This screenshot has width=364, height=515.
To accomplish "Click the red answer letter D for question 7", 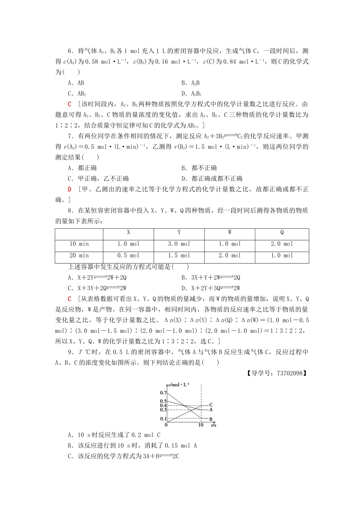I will [x=69, y=189].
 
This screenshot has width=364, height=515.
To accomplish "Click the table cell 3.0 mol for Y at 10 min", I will [x=179, y=244].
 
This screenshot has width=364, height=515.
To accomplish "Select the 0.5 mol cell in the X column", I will [x=128, y=256].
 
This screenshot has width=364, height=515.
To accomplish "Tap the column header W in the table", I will [x=230, y=232].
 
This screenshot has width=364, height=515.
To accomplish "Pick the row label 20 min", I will [x=79, y=256].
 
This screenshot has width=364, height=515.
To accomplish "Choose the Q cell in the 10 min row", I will [x=282, y=244].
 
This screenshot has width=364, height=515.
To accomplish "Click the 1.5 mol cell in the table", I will [x=179, y=256].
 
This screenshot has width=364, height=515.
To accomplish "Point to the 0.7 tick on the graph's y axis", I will [x=163, y=393].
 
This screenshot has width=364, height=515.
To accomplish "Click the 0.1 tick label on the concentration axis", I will [x=163, y=419].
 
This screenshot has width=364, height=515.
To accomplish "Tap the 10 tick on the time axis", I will [x=201, y=425].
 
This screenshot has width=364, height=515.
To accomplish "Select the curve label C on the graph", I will [x=211, y=405].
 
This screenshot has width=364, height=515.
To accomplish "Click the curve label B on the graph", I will [x=211, y=419].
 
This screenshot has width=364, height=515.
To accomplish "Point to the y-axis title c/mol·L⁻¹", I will [x=179, y=385].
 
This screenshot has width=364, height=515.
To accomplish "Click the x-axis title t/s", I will [x=213, y=425].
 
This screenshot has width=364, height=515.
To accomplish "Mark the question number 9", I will [x=70, y=352].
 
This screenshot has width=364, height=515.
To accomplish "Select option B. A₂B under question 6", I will [x=190, y=83].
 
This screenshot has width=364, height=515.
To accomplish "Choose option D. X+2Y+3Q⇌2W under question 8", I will [x=211, y=288].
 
